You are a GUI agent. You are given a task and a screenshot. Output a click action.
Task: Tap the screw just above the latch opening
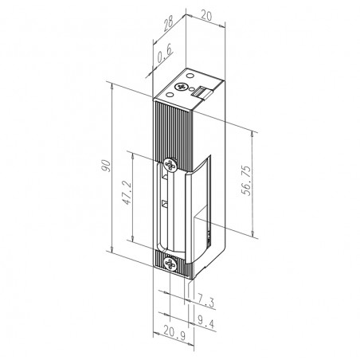[x=170, y=166]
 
